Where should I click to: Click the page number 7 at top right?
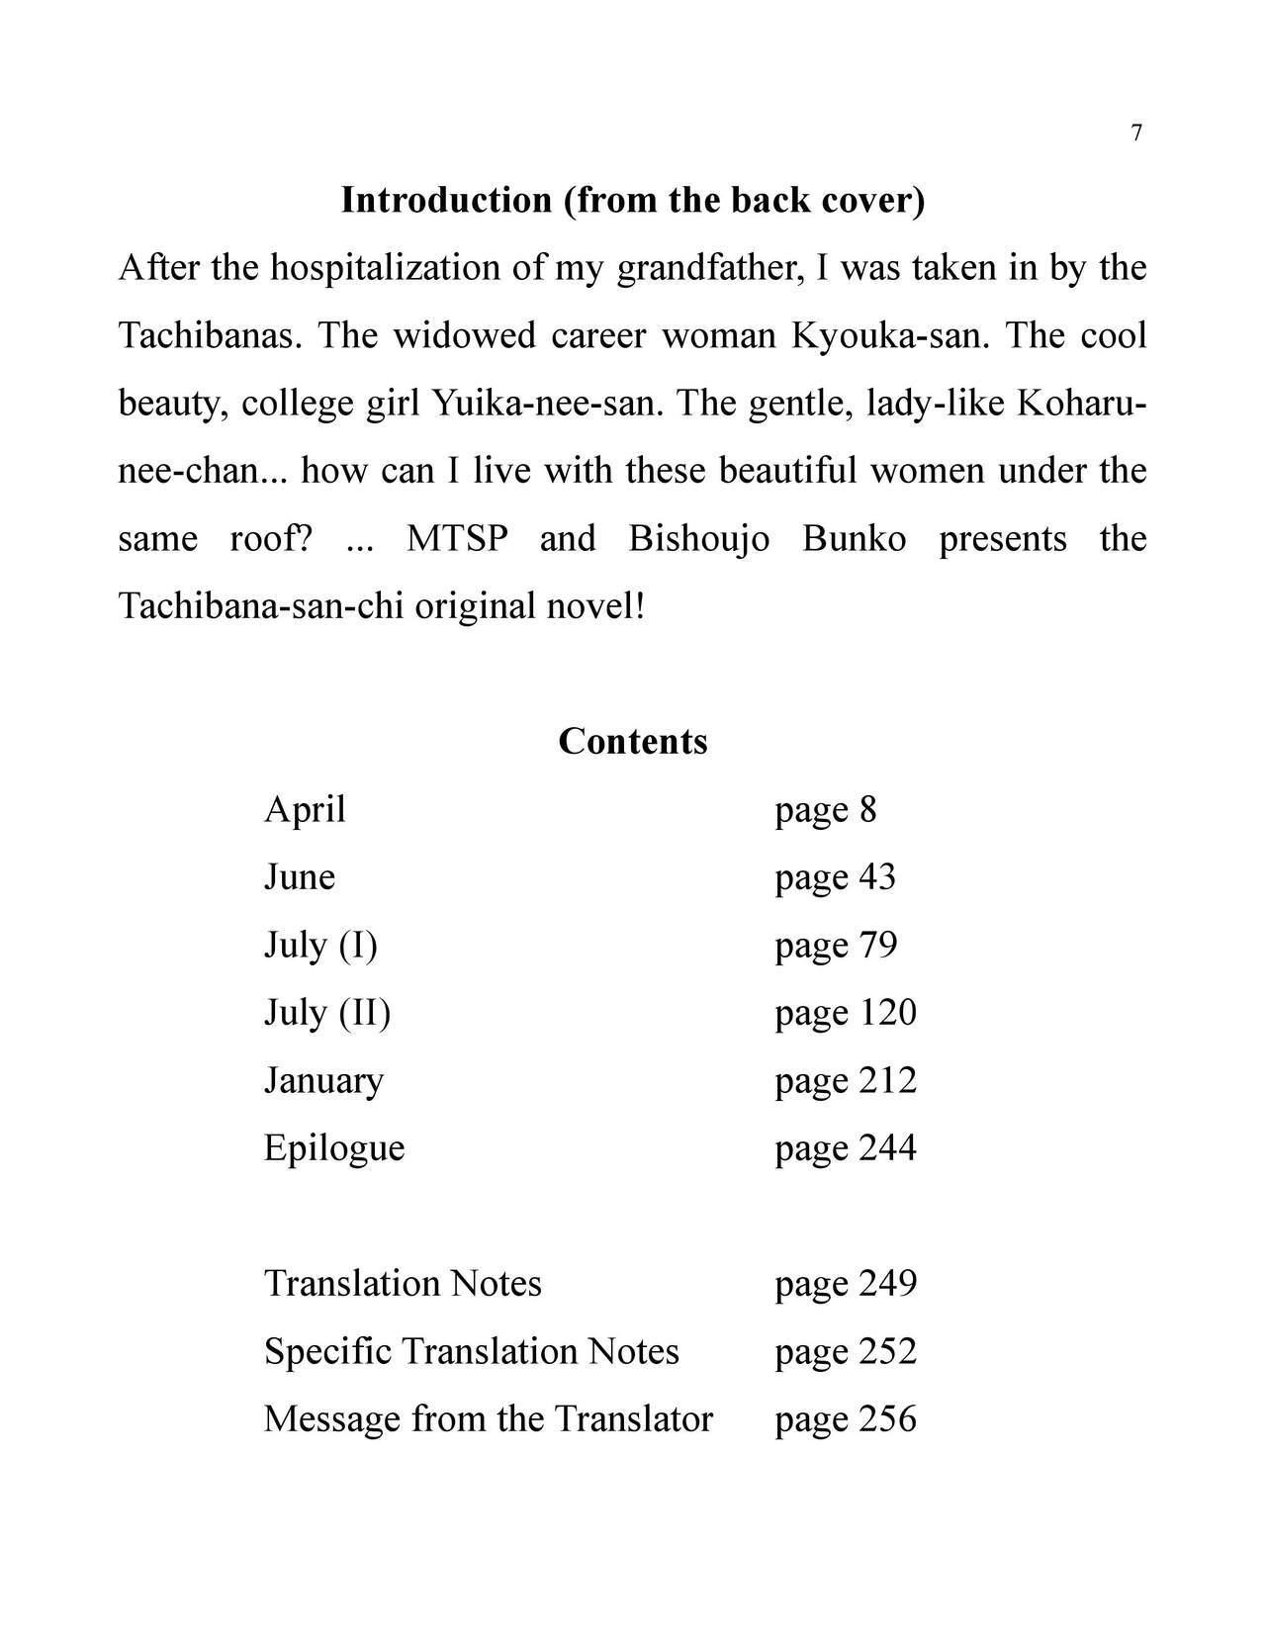1136,134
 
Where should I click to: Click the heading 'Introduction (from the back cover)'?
633,200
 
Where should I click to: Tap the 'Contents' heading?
633,741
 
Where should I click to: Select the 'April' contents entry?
305,810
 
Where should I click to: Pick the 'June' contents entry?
300,877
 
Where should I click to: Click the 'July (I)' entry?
320,946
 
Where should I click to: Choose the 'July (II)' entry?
327,1013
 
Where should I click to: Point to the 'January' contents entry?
323,1080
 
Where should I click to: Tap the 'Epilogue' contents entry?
334,1148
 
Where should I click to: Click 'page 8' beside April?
826,810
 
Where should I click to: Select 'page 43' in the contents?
836,877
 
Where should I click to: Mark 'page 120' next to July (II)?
846,1013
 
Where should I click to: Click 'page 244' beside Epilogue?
846,1148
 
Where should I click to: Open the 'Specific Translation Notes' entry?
472,1351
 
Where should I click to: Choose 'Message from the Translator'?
489,1419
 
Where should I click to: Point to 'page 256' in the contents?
846,1419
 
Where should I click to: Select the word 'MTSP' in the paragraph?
457,539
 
